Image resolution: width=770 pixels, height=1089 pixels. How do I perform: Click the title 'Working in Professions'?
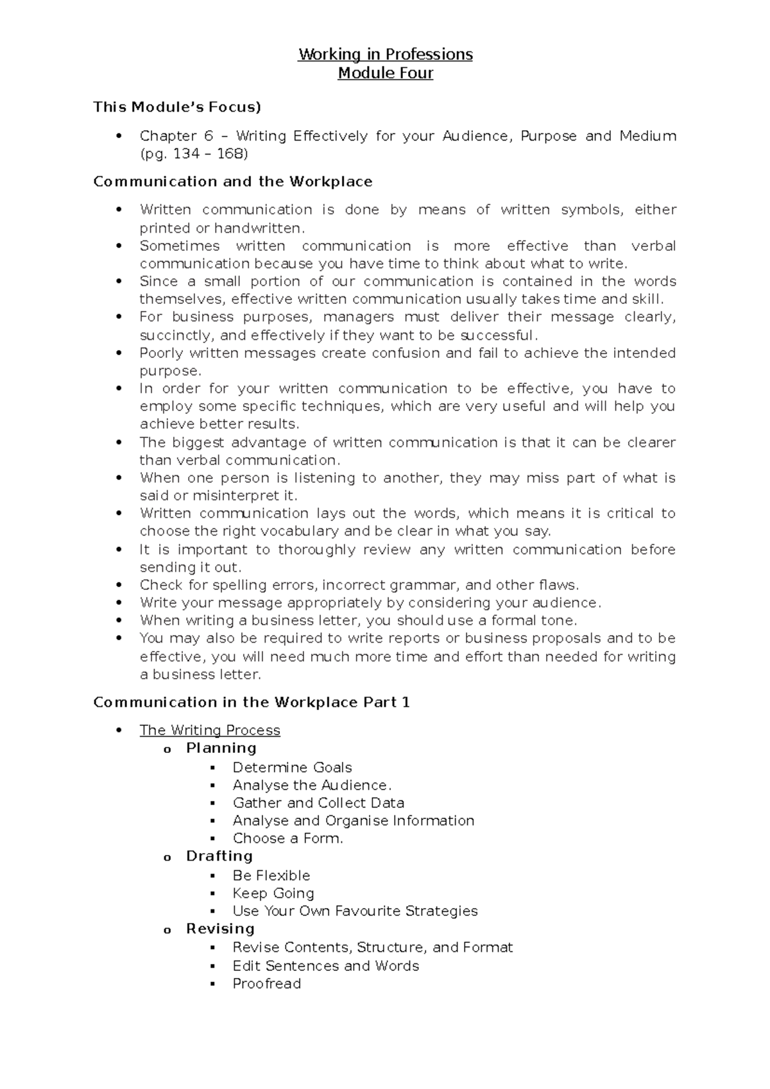pyautogui.click(x=385, y=55)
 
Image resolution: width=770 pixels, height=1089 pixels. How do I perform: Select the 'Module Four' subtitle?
pyautogui.click(x=385, y=73)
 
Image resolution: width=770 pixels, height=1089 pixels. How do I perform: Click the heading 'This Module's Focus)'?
pyautogui.click(x=177, y=107)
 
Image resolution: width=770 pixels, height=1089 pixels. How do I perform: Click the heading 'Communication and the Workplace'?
pyautogui.click(x=233, y=181)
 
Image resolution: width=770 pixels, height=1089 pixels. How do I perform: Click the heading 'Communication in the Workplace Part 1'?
pyautogui.click(x=252, y=702)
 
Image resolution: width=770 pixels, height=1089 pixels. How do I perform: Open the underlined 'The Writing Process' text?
pyautogui.click(x=210, y=730)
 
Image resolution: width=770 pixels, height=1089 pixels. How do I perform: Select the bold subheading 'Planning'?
pyautogui.click(x=221, y=748)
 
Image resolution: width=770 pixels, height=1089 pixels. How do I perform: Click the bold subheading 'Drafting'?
pyautogui.click(x=219, y=856)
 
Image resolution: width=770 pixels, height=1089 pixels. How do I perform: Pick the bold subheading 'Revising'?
pyautogui.click(x=220, y=929)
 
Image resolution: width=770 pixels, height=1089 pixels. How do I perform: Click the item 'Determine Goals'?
pyautogui.click(x=292, y=768)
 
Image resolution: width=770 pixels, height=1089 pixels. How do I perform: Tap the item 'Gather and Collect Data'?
pyautogui.click(x=318, y=803)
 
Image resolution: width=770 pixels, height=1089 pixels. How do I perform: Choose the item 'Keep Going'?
pyautogui.click(x=273, y=893)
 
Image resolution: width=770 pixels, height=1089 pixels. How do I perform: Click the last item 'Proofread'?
pyautogui.click(x=266, y=984)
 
